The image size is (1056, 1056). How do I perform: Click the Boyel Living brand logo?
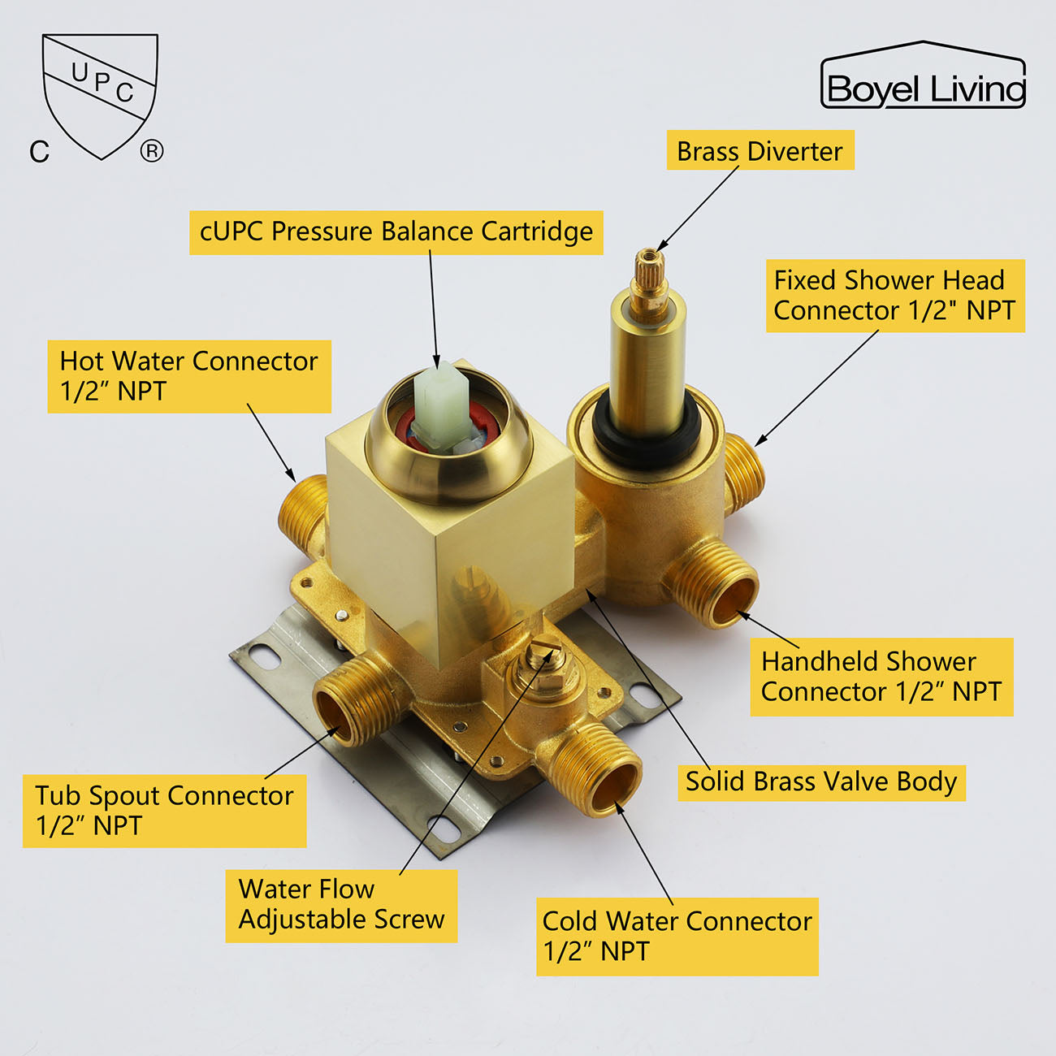pyautogui.click(x=924, y=77)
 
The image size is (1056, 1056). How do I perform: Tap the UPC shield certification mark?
pyautogui.click(x=100, y=93)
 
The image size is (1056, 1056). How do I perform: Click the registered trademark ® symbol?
pyautogui.click(x=152, y=151)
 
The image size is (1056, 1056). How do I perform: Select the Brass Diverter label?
pyautogui.click(x=760, y=151)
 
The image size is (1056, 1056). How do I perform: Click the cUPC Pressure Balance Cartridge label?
pyautogui.click(x=396, y=232)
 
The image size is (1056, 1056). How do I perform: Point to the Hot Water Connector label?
pyautogui.click(x=189, y=376)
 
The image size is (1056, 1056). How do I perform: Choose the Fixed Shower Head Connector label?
pyautogui.click(x=894, y=296)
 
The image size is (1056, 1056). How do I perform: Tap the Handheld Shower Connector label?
pyautogui.click(x=881, y=677)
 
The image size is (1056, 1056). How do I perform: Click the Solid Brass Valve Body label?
pyautogui.click(x=821, y=781)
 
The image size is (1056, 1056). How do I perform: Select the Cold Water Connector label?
pyautogui.click(x=677, y=936)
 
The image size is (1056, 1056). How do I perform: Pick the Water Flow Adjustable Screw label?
pyautogui.click(x=341, y=905)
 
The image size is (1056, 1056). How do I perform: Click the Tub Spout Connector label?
pyautogui.click(x=164, y=811)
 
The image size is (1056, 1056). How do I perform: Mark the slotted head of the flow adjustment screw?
pyautogui.click(x=539, y=651)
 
